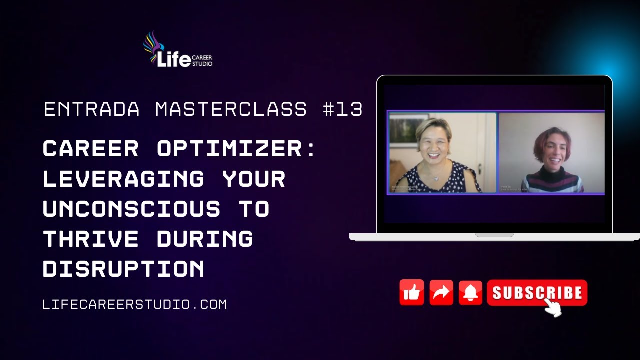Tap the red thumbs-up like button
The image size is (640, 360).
(412, 292)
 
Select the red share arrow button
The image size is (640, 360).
(441, 292)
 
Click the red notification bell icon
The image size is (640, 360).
(470, 292)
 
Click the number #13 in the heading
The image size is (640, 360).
(343, 109)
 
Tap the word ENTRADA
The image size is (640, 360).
(92, 109)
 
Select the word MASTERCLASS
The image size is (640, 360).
(231, 109)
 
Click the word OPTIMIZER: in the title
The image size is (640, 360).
(237, 149)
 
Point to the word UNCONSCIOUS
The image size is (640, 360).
(131, 209)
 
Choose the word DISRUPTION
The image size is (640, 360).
(123, 269)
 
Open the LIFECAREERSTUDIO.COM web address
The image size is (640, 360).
(135, 304)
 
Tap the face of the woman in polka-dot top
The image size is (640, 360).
(434, 143)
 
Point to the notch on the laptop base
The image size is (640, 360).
(494, 235)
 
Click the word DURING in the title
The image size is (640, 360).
(205, 239)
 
